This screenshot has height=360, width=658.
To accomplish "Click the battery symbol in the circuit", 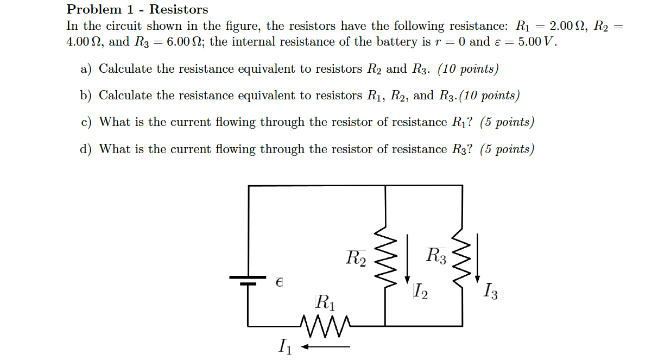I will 249,280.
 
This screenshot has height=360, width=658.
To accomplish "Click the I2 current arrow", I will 407,259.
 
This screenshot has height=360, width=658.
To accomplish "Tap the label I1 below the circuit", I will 284,346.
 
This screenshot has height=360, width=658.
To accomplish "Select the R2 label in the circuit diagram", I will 356,257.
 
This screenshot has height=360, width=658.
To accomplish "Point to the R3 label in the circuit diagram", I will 436,255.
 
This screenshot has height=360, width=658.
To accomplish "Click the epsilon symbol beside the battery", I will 279,282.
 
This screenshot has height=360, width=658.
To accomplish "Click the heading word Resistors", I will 179,9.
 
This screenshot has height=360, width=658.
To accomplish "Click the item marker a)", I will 86,69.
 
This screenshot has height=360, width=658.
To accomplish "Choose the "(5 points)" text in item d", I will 507,149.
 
